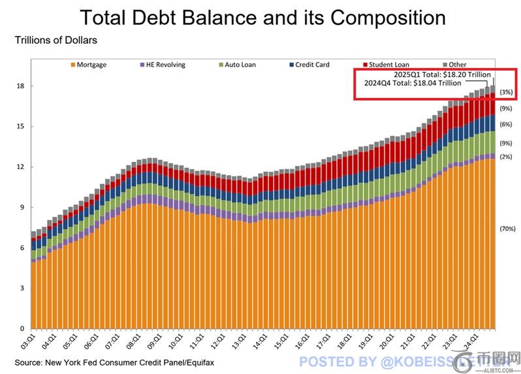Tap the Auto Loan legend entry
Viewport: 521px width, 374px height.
[240, 65]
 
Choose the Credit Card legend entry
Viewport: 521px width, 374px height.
[311, 65]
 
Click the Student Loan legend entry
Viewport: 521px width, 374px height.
[387, 65]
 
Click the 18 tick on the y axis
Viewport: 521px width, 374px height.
[22, 86]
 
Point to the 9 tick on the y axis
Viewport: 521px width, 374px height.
[22, 208]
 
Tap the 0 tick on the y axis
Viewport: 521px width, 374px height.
[22, 329]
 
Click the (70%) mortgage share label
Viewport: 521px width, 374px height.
[508, 229]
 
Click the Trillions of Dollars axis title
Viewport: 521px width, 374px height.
[55, 40]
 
